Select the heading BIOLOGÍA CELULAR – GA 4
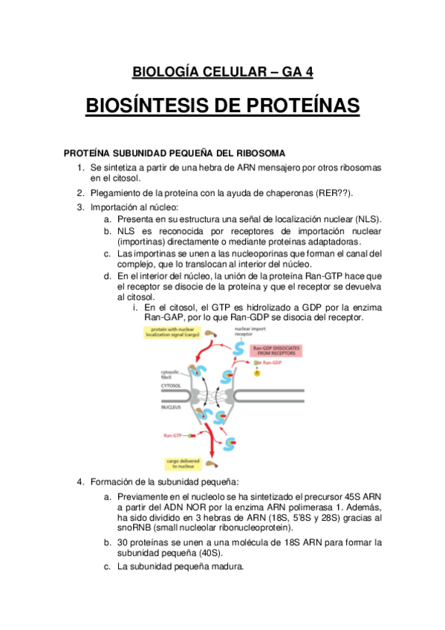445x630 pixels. (223, 72)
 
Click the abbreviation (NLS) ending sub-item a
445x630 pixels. (366, 220)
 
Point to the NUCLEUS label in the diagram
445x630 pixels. (172, 408)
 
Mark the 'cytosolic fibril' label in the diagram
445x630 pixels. (171, 373)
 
